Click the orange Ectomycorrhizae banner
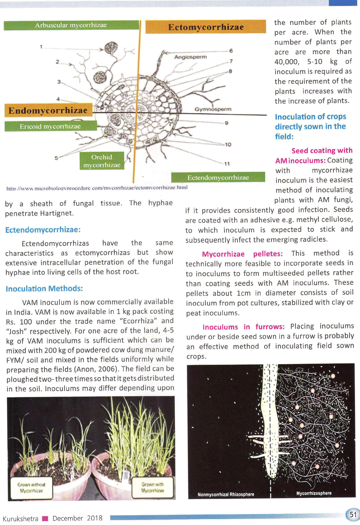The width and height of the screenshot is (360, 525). coord(206,27)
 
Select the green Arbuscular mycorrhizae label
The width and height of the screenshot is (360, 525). coord(71,25)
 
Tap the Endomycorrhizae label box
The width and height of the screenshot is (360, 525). coord(48,110)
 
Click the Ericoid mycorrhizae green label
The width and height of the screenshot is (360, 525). coord(50,126)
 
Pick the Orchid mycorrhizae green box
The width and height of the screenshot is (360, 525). coord(102,161)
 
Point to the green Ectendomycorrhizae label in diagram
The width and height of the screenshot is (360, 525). coord(218,177)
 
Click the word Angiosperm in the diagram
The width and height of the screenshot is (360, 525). coord(190,57)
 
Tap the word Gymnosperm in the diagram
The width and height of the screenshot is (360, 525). coord(213,109)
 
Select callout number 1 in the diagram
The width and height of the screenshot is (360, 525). coord(41,46)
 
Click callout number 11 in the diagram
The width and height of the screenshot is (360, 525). coord(227,164)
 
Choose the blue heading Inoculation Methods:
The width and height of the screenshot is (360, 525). coord(44,289)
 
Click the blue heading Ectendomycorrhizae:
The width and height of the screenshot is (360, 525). coord(43,230)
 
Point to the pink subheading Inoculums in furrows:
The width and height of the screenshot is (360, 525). coord(243,327)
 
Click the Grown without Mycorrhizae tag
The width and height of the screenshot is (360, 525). coord(31,488)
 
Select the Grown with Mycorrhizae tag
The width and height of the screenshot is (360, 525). coord(152,487)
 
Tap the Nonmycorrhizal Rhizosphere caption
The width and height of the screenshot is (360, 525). coord(226,494)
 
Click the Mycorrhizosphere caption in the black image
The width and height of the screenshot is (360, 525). coord(314,493)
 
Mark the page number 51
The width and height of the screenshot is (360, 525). coord(353,514)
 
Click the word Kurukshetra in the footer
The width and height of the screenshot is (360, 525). coord(21,519)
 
